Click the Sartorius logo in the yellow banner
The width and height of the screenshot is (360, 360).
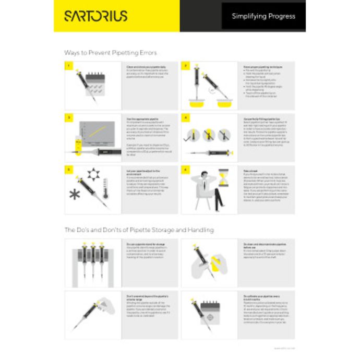95,16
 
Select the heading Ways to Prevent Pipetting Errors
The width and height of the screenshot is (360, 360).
110,53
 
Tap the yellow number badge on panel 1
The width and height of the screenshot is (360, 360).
67,65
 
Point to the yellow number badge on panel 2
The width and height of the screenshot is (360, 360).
184,65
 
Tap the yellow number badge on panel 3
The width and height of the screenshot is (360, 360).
67,117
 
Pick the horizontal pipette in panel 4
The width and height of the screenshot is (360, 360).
212,153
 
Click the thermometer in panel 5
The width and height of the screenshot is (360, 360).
105,188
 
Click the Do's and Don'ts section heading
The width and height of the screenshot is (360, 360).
139,230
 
